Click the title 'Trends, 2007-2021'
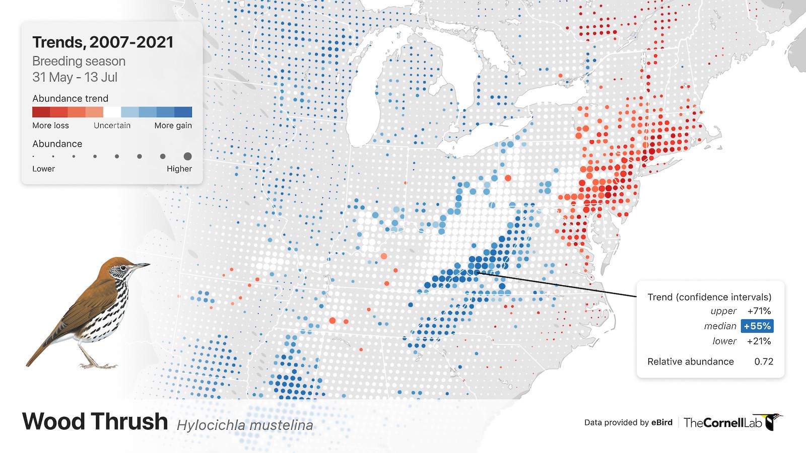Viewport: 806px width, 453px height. (x=103, y=42)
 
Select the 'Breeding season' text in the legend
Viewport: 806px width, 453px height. (x=79, y=61)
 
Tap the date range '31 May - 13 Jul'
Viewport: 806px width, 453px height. (x=75, y=78)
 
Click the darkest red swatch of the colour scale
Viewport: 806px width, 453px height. (x=41, y=112)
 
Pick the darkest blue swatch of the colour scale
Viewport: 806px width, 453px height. (x=183, y=112)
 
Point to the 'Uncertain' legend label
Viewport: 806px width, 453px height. (x=112, y=126)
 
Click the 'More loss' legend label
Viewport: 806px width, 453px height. (x=50, y=126)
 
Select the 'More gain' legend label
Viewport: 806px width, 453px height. (x=173, y=126)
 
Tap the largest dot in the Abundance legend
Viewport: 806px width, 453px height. (x=187, y=157)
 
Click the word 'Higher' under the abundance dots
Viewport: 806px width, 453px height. (x=179, y=169)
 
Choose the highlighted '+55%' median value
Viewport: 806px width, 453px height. (x=757, y=326)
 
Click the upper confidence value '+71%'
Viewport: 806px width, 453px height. (x=759, y=311)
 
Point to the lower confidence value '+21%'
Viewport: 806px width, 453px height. (x=759, y=341)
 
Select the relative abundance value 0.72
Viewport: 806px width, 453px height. (x=763, y=362)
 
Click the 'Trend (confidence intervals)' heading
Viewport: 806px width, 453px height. (x=709, y=297)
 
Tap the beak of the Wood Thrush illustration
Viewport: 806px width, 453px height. (x=143, y=265)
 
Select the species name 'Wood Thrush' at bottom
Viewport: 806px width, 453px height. (x=95, y=422)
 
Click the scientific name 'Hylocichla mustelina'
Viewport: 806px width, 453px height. (x=245, y=425)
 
